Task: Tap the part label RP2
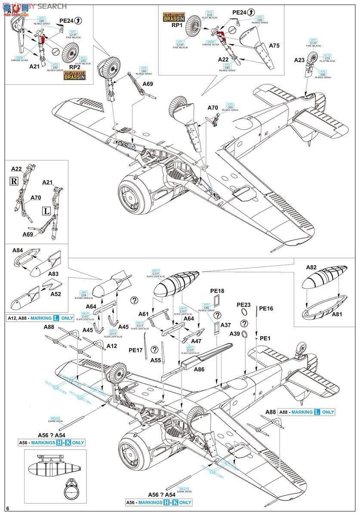point(74,67)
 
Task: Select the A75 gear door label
point(274,45)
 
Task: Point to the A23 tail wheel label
point(300,61)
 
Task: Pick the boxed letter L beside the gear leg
point(46,211)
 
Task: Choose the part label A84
point(18,250)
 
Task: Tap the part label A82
point(311,267)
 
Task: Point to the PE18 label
point(217,291)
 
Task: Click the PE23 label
point(244,304)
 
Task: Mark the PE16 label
point(266,308)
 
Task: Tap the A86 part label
point(200,369)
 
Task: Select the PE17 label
point(136,350)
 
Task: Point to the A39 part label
point(235,334)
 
